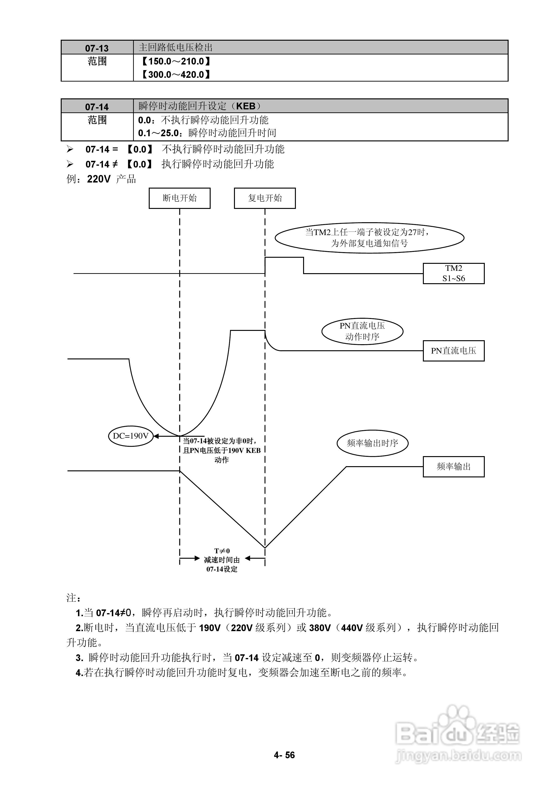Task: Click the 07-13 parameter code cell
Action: tap(97, 48)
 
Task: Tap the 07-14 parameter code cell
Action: tap(97, 107)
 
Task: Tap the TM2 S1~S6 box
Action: tap(453, 273)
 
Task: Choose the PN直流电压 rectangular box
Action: tap(453, 351)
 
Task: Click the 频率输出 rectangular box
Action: tap(453, 466)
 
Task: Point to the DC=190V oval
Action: tap(131, 436)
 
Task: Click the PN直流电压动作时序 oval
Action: tap(362, 331)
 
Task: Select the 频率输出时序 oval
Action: tap(372, 443)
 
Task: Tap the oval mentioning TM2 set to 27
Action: tap(369, 238)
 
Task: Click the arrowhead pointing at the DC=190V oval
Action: tap(156, 436)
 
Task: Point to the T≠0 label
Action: tap(222, 551)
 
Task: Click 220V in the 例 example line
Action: tap(99, 179)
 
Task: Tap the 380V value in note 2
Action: tap(320, 628)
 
